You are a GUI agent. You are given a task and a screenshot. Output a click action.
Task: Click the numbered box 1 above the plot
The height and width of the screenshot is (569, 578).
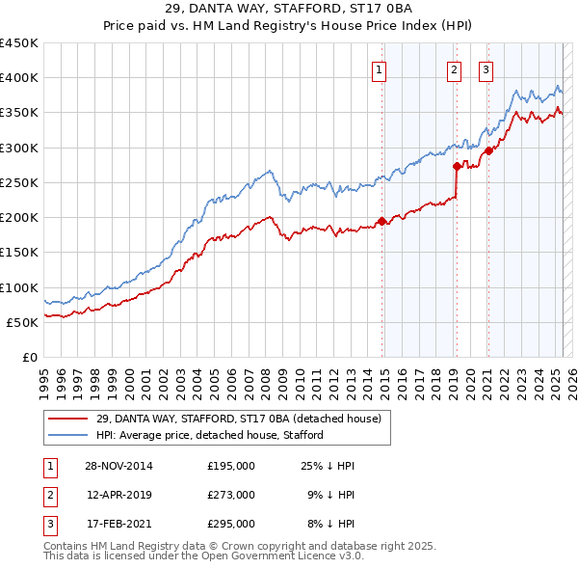pyautogui.click(x=380, y=68)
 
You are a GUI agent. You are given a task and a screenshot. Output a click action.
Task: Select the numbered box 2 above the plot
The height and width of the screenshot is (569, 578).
pyautogui.click(x=454, y=68)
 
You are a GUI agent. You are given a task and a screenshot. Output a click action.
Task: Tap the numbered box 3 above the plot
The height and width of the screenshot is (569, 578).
pyautogui.click(x=486, y=68)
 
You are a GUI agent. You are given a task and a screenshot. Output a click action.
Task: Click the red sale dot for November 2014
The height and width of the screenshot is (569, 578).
pyautogui.click(x=382, y=221)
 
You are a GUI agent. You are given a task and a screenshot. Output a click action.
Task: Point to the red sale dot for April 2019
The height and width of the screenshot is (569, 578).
pyautogui.click(x=457, y=166)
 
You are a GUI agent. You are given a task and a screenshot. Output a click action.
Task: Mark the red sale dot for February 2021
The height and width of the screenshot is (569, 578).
pyautogui.click(x=488, y=150)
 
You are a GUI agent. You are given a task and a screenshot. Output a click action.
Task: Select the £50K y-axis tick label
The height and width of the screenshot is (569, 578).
pyautogui.click(x=23, y=322)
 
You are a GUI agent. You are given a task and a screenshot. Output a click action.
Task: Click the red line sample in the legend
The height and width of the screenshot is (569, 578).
pyautogui.click(x=66, y=419)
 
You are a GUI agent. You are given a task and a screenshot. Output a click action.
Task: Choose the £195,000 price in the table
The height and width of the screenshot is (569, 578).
pyautogui.click(x=231, y=466)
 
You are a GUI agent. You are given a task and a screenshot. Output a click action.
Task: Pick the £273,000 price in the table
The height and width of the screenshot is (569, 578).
pyautogui.click(x=231, y=495)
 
